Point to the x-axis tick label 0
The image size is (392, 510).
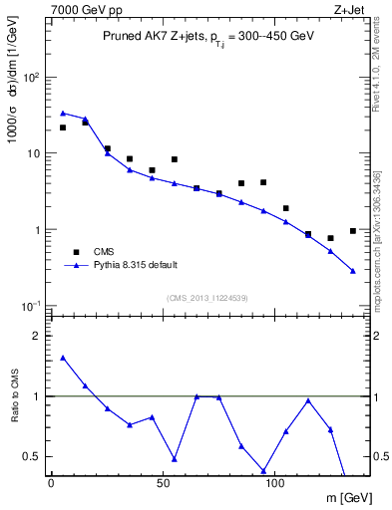pos(51,483)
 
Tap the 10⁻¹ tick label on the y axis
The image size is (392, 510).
pos(30,306)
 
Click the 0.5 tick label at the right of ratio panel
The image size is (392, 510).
pos(380,457)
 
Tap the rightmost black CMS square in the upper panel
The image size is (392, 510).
pos(353,231)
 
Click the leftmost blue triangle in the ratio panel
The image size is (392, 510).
pos(63,358)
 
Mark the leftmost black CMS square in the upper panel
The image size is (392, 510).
pos(63,127)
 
